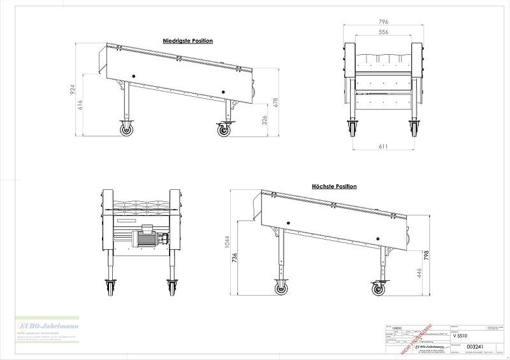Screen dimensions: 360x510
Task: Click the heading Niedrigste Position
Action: pos(187,41)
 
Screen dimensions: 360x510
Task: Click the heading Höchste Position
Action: pos(334,187)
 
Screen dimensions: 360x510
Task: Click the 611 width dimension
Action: pos(383,147)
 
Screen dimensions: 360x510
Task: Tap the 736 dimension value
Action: pos(237,257)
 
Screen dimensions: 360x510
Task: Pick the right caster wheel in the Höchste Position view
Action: pos(379,290)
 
